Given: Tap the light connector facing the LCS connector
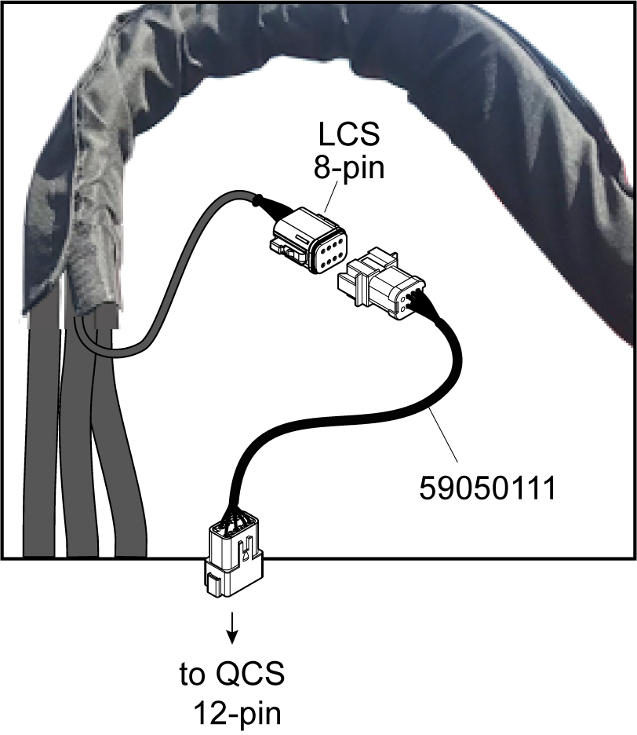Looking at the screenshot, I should (380, 287).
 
